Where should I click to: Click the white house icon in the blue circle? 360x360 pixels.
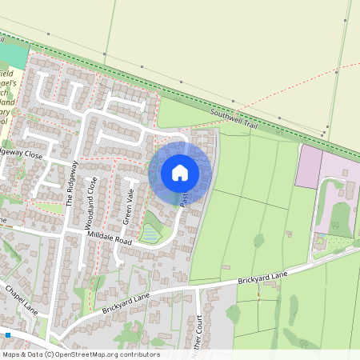tap(180, 172)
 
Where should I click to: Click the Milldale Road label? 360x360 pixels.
tap(110, 234)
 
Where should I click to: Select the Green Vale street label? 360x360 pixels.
tap(128, 207)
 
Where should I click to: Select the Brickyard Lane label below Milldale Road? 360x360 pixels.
tap(126, 302)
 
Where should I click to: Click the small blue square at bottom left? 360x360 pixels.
tap(8, 334)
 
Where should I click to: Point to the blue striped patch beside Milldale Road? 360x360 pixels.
tap(149, 234)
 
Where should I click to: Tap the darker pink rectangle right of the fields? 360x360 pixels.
tap(307, 166)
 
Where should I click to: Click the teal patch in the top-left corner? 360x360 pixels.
tap(13, 54)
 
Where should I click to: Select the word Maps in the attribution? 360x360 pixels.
tap(11, 354)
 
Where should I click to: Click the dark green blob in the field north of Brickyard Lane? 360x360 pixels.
tap(259, 239)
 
